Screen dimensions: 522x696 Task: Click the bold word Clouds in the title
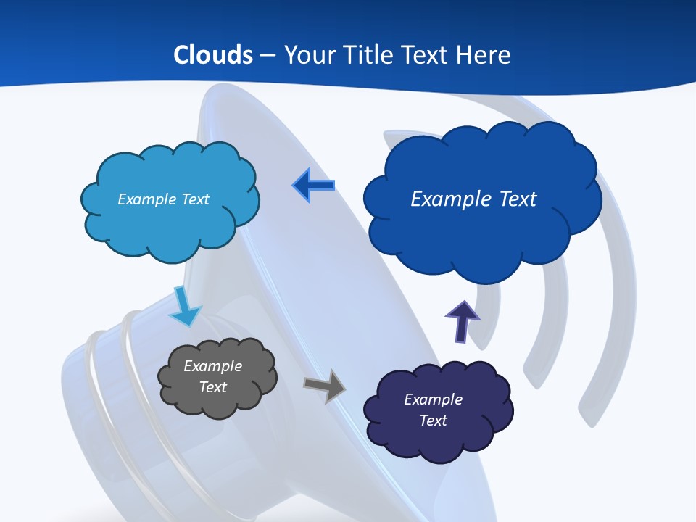click(213, 55)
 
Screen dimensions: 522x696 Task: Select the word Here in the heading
click(484, 55)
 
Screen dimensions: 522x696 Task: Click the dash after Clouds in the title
click(268, 56)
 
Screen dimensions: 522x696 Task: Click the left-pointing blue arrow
click(313, 186)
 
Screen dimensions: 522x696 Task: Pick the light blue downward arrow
click(185, 306)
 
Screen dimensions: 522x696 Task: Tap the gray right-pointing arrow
click(325, 386)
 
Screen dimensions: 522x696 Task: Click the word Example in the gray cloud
click(212, 366)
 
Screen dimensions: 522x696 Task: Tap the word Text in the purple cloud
click(433, 420)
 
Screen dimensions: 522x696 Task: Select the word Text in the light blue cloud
click(194, 199)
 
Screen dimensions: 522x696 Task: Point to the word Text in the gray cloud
click(212, 387)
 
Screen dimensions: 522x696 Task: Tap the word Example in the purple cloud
click(433, 399)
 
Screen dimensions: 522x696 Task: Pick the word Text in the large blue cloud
click(518, 199)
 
